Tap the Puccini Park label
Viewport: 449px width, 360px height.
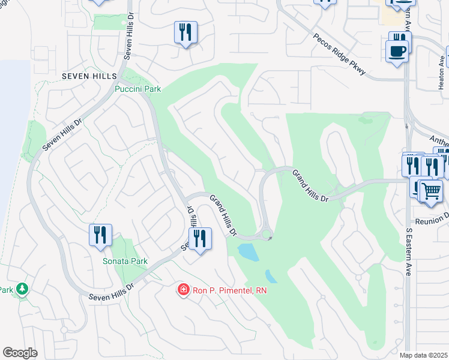138,89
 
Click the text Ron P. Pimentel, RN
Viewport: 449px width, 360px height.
229,290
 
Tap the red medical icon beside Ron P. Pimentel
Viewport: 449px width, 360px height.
182,290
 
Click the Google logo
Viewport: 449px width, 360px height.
20,352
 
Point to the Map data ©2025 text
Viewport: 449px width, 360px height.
423,355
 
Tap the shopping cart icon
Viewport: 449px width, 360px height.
430,191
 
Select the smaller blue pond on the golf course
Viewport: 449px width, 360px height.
271,277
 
